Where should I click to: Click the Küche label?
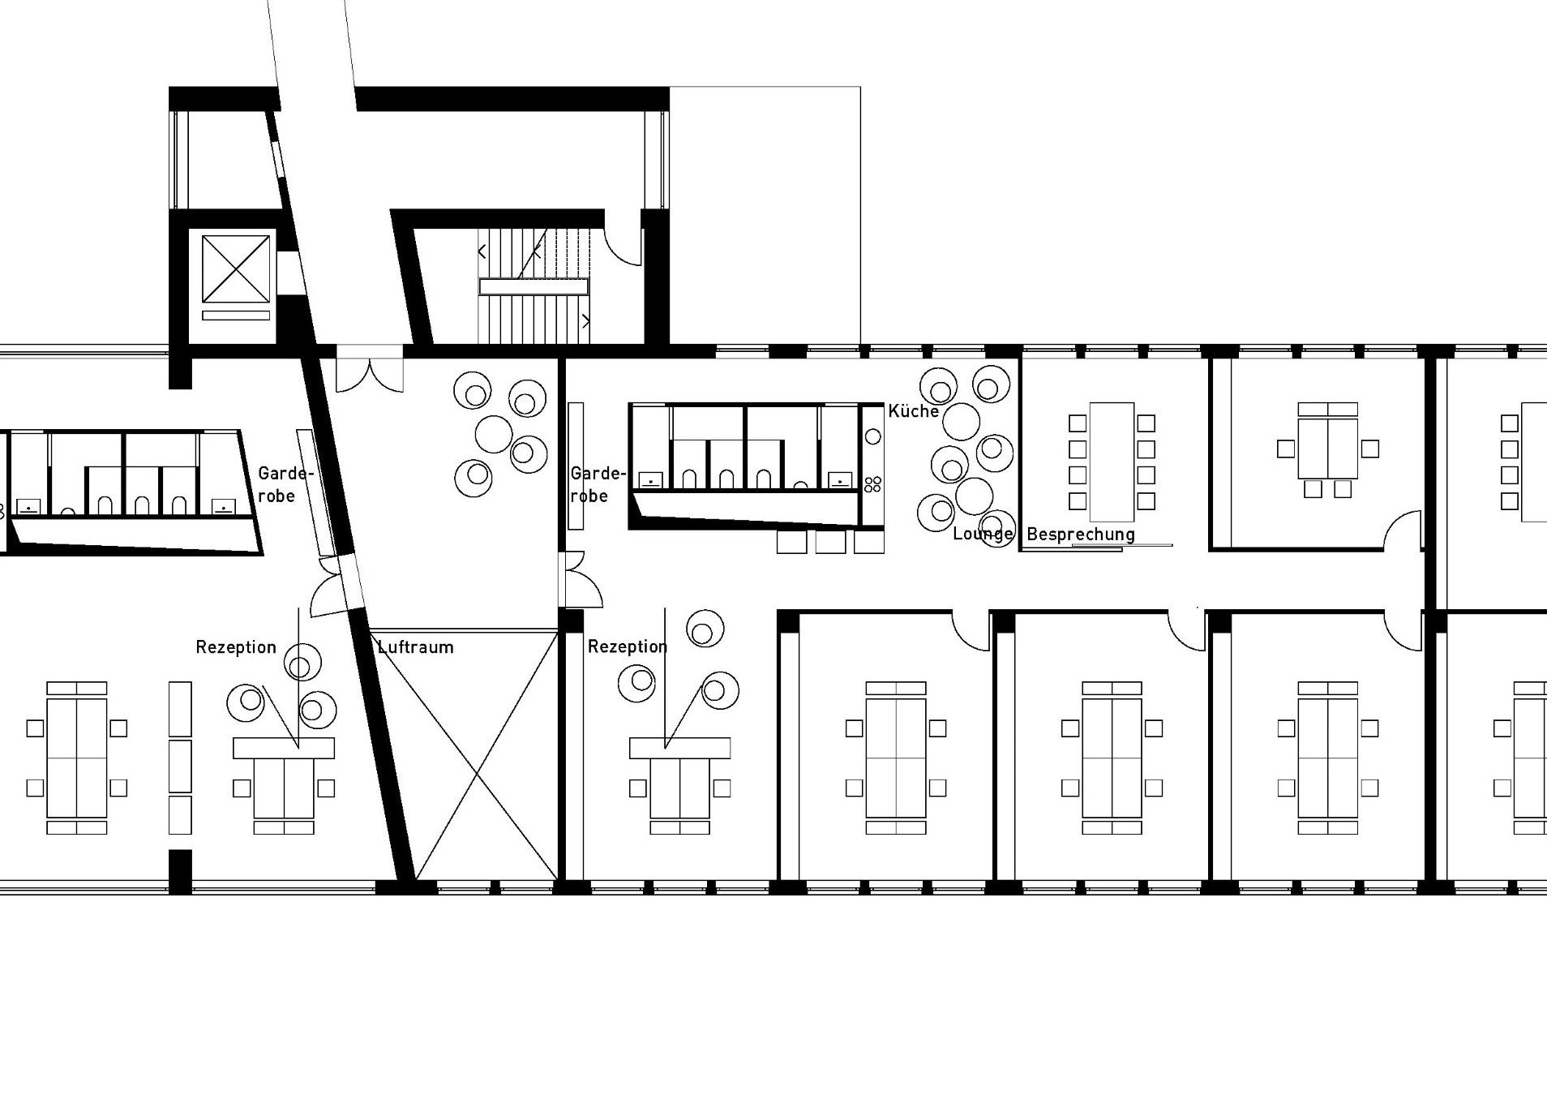click(x=913, y=411)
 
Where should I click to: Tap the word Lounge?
click(x=983, y=534)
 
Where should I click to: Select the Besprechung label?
click(x=1080, y=535)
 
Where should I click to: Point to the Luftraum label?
click(x=416, y=647)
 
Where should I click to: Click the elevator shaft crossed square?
click(x=235, y=268)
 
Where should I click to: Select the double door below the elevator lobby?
click(x=370, y=369)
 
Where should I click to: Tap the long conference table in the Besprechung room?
click(x=1112, y=462)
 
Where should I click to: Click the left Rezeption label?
click(x=236, y=647)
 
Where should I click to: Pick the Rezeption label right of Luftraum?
click(x=628, y=646)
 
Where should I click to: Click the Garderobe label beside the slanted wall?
click(x=285, y=484)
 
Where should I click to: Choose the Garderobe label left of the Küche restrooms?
click(x=597, y=484)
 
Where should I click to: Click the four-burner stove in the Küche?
click(x=872, y=484)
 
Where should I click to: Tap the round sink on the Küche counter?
click(x=872, y=436)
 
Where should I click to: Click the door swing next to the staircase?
click(x=624, y=247)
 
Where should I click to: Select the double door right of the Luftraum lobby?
click(x=581, y=579)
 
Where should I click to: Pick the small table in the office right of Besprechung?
click(x=1327, y=449)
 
